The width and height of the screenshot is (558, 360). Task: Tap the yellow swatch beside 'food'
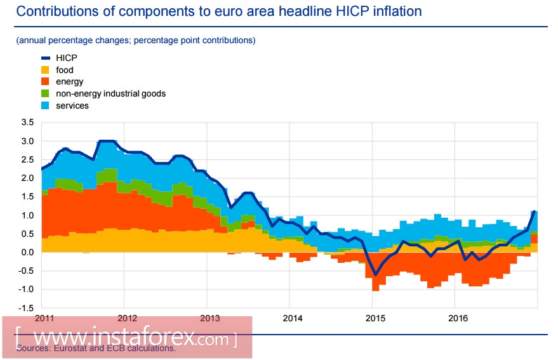(x=46, y=70)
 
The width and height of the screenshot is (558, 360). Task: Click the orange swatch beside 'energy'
(x=46, y=82)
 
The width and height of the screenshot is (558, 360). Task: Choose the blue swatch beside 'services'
(x=46, y=105)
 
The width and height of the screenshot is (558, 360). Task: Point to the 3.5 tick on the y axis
(x=27, y=122)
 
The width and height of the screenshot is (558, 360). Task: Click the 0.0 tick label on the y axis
(x=27, y=253)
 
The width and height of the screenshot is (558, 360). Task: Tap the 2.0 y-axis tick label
(x=27, y=178)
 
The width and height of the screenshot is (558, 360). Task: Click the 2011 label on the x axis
(x=45, y=317)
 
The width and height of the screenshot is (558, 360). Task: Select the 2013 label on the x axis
(x=209, y=317)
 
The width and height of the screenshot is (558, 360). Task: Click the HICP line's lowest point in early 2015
(x=375, y=275)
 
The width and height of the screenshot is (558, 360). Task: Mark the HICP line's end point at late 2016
(x=535, y=211)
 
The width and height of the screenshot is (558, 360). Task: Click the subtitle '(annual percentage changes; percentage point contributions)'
(x=136, y=40)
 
